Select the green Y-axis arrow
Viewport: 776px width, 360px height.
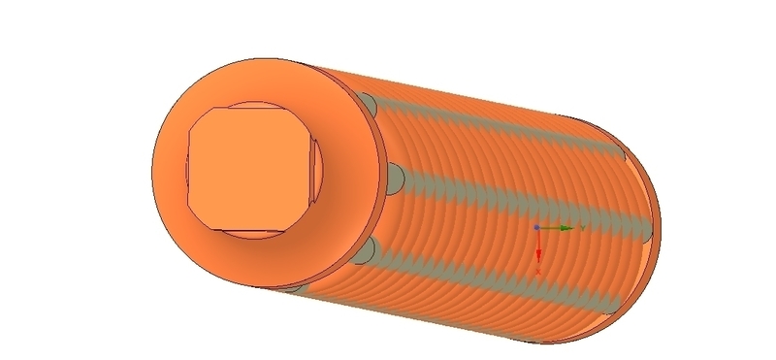[559, 227]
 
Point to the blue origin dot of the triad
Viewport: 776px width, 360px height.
[538, 227]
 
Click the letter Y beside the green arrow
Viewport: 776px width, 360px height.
[581, 227]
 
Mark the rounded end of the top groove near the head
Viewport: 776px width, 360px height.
[369, 102]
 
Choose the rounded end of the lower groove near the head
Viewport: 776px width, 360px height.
[365, 251]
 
